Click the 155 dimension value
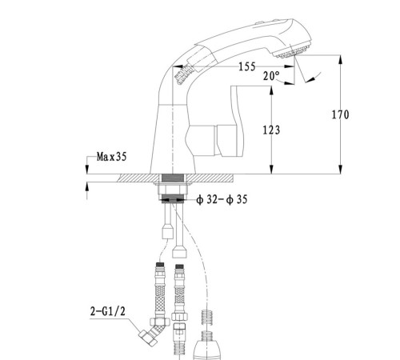[247, 66]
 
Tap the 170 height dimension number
[340, 114]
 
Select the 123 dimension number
[271, 130]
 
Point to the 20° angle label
[271, 76]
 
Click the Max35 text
[111, 157]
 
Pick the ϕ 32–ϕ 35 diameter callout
[222, 199]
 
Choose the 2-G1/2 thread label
[107, 311]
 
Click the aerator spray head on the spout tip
[293, 51]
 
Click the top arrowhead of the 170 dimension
[340, 60]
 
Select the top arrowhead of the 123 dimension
[271, 90]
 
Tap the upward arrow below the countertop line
[86, 190]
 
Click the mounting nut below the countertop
[173, 189]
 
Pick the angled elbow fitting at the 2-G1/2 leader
[154, 333]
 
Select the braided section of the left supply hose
[160, 300]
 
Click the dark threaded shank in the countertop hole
[173, 178]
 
